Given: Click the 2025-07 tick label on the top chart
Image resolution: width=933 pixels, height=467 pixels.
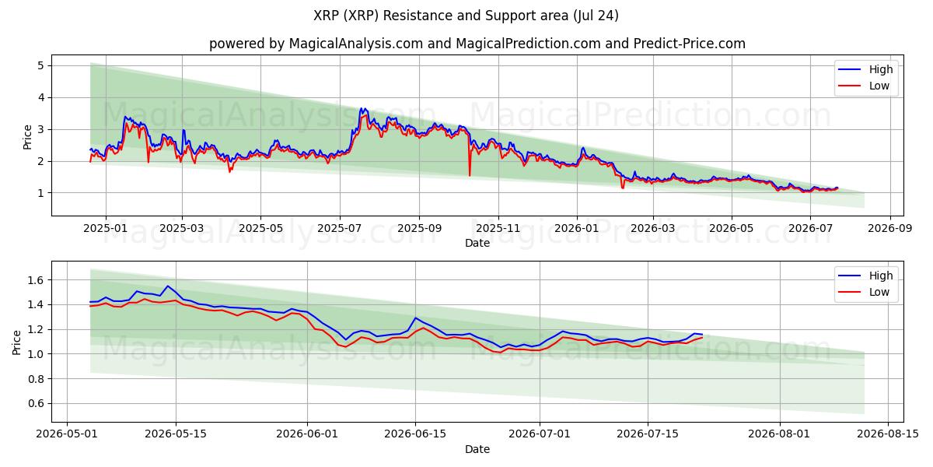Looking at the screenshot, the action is [340, 229].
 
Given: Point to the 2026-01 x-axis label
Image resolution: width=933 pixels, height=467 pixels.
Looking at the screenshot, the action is [577, 229].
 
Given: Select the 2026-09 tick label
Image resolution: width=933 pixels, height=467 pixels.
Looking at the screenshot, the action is [890, 229].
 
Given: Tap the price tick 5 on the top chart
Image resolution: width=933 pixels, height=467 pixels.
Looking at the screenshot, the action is [40, 65].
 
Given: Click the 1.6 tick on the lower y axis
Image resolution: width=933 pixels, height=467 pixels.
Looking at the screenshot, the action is [36, 280].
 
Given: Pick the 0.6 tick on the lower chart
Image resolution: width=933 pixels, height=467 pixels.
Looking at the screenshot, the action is [36, 404].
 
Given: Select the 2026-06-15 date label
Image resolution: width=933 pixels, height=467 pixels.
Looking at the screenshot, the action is [415, 434].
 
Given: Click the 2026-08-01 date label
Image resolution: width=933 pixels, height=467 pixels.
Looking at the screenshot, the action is [779, 434].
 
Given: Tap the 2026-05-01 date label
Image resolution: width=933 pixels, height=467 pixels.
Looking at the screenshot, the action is [67, 434].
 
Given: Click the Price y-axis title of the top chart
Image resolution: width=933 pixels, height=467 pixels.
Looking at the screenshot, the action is [27, 137].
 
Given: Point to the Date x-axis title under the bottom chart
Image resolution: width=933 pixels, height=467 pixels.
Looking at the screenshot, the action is [477, 449].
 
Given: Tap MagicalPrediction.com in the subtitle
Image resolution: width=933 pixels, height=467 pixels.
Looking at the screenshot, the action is [528, 44].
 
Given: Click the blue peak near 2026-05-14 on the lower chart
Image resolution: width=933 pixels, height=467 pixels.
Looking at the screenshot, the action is [167, 286].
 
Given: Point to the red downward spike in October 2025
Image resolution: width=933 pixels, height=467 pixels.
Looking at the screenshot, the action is [470, 175].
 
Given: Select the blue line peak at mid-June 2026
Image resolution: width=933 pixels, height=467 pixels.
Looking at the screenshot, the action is [415, 318].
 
